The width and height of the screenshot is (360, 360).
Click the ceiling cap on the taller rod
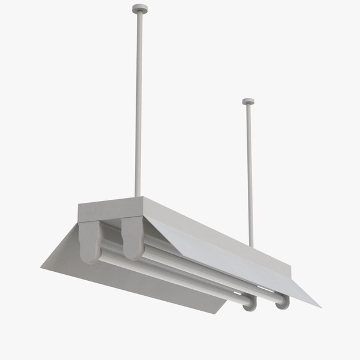[x=139, y=8]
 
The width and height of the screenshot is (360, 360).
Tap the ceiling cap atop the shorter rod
[x=248, y=101]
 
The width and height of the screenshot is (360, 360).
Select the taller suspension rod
[x=139, y=102]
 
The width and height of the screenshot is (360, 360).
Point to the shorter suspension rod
[x=249, y=174]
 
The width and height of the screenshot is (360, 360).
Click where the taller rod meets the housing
[x=138, y=196]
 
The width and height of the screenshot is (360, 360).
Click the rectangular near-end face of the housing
[x=111, y=209]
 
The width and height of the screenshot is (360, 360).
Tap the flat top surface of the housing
[x=180, y=216]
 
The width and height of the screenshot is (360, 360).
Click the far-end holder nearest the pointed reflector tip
[x=282, y=302]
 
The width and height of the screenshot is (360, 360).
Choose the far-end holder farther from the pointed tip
[x=250, y=302]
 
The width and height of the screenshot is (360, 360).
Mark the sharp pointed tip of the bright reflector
[x=319, y=306]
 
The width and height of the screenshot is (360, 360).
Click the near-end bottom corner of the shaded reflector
[x=42, y=268]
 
